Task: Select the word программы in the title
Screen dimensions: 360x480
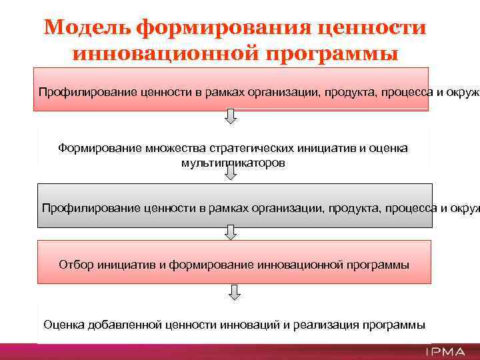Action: pos(333,53)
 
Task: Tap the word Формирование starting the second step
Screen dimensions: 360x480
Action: pos(98,148)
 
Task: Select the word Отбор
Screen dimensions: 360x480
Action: pos(76,265)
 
